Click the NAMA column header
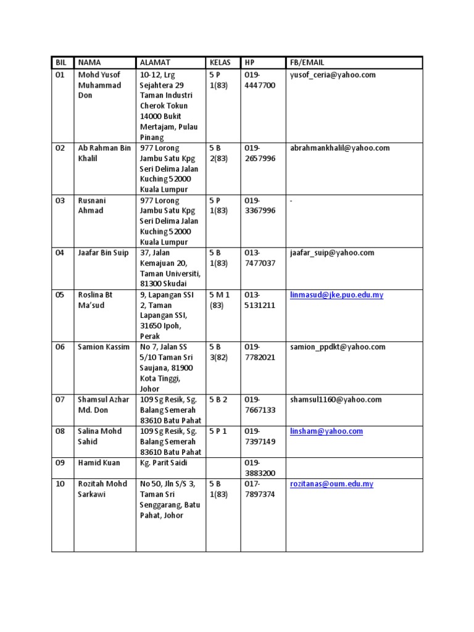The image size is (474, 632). (x=89, y=62)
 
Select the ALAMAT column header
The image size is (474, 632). (x=155, y=62)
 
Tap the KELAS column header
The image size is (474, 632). (x=220, y=62)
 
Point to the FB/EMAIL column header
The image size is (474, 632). (x=307, y=62)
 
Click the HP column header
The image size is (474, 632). (x=249, y=62)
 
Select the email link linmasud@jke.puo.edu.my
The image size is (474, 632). (x=336, y=295)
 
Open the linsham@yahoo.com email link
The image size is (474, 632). (x=326, y=431)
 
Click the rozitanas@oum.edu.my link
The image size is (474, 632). (x=331, y=484)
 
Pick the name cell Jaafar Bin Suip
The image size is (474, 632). (x=102, y=253)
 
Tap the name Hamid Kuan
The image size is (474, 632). (x=99, y=463)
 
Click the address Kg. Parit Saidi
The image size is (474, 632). (x=165, y=463)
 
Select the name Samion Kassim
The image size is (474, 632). (x=104, y=347)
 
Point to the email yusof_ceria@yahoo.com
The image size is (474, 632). (x=333, y=75)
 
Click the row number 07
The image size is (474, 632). (x=60, y=400)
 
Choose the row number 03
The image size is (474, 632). (x=60, y=201)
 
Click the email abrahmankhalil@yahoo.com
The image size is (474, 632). (x=339, y=148)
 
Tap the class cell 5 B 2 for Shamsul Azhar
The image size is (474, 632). (x=218, y=400)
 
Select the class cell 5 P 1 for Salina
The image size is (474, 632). (x=218, y=431)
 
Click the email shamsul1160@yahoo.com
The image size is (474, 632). (x=336, y=400)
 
